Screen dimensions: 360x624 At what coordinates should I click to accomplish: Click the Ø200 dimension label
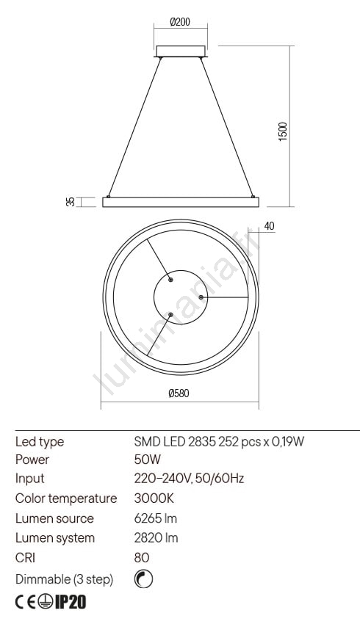point(180,22)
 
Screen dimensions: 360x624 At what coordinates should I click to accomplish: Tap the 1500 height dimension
point(282,131)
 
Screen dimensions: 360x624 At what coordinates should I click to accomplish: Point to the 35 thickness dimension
point(71,202)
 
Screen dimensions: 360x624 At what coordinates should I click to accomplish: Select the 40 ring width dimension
point(269,226)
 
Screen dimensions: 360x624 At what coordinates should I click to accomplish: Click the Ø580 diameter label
point(179,393)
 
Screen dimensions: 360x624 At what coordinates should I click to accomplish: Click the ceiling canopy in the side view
point(181,51)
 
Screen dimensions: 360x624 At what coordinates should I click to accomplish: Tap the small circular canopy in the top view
point(181,297)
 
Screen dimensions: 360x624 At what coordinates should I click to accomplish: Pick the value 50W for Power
point(148,460)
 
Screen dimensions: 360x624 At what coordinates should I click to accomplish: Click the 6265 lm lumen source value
point(156,518)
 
